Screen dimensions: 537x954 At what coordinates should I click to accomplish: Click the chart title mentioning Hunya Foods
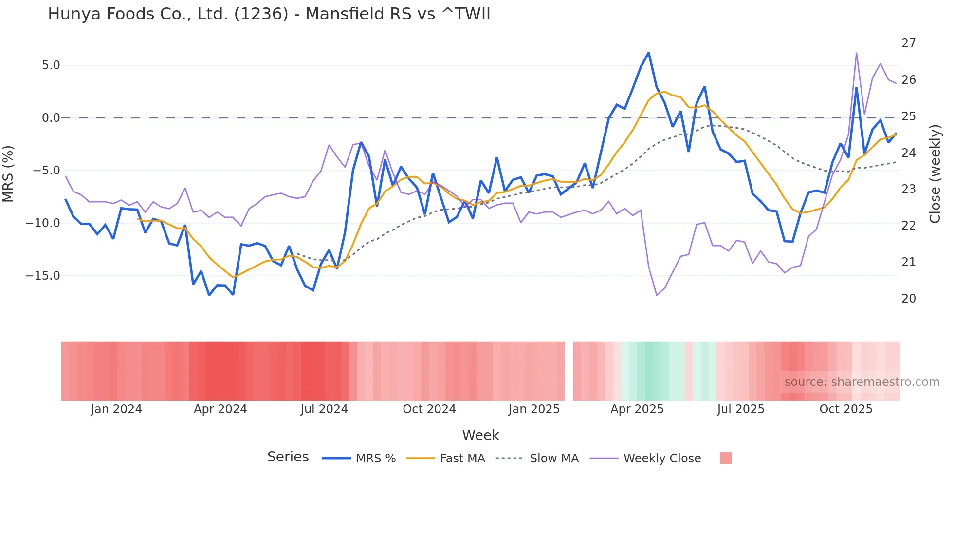tap(269, 14)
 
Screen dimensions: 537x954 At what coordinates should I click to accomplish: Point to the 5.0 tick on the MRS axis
tap(51, 65)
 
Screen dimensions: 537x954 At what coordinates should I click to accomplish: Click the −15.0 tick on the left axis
tap(43, 276)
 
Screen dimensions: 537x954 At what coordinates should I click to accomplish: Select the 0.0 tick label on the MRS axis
tap(51, 118)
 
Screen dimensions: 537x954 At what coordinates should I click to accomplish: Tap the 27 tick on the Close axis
tap(908, 43)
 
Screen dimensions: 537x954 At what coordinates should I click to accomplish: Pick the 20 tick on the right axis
tap(908, 299)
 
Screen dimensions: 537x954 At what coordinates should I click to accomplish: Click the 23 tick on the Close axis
tap(908, 189)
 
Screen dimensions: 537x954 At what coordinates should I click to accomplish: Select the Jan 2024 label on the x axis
tap(116, 409)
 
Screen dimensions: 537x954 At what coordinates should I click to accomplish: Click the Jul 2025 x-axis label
tap(740, 409)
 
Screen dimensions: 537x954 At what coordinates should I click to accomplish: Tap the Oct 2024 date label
tap(429, 409)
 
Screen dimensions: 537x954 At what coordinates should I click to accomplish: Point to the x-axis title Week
tap(480, 435)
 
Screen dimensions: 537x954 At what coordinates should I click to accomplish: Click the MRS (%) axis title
tap(8, 174)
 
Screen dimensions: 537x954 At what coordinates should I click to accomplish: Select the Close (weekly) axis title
tap(935, 174)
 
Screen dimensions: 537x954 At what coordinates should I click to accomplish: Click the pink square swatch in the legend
tap(725, 458)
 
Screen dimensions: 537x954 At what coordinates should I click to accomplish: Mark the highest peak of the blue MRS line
tap(648, 53)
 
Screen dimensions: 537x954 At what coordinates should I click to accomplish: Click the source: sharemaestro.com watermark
tap(862, 382)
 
